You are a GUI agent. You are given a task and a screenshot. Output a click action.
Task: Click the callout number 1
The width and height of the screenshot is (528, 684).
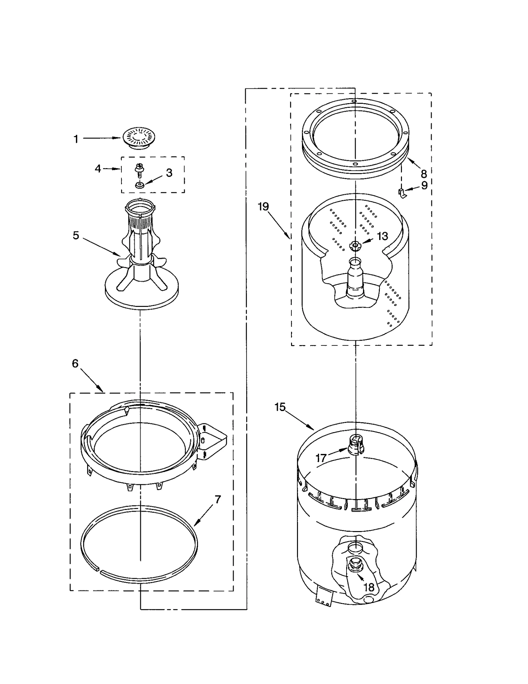[76, 139]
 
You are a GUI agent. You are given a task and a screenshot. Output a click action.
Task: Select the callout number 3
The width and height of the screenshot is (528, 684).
[169, 173]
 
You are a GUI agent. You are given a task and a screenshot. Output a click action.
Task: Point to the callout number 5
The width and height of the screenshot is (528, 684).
[76, 235]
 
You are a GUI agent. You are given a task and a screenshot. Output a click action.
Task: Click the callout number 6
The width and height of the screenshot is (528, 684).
[75, 364]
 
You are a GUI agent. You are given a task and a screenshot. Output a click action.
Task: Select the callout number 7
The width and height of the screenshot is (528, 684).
[217, 500]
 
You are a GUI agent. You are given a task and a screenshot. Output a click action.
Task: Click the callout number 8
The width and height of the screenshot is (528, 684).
[424, 174]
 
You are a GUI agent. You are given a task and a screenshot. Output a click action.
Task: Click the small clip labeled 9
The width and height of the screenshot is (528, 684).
[402, 193]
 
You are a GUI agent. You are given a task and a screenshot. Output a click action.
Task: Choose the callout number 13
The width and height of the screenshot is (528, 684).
[382, 236]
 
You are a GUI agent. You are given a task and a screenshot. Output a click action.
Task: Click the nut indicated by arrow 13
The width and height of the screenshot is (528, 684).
[355, 245]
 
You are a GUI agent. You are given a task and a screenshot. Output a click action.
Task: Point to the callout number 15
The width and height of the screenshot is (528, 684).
[280, 407]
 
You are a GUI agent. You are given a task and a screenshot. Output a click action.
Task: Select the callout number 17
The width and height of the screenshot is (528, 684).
[321, 458]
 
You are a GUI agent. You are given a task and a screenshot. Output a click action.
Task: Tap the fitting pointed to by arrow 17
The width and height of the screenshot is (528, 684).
[356, 445]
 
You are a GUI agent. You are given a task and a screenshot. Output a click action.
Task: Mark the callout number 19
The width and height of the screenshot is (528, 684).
[263, 207]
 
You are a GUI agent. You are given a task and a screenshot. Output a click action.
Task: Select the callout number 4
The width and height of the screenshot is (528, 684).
[98, 169]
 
